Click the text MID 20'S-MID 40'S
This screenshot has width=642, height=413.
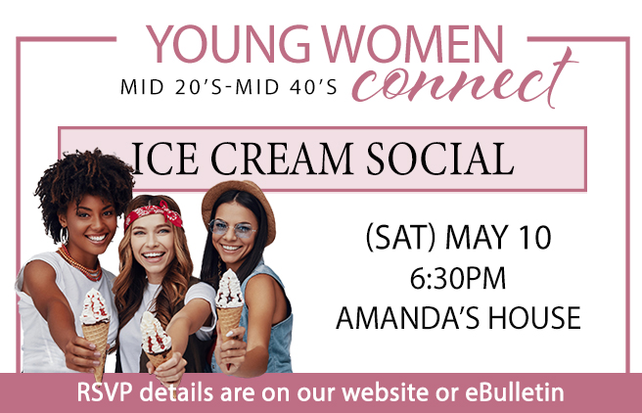click(x=228, y=88)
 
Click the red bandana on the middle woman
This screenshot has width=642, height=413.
click(x=154, y=212)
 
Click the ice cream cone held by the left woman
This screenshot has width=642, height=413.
click(x=96, y=323)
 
